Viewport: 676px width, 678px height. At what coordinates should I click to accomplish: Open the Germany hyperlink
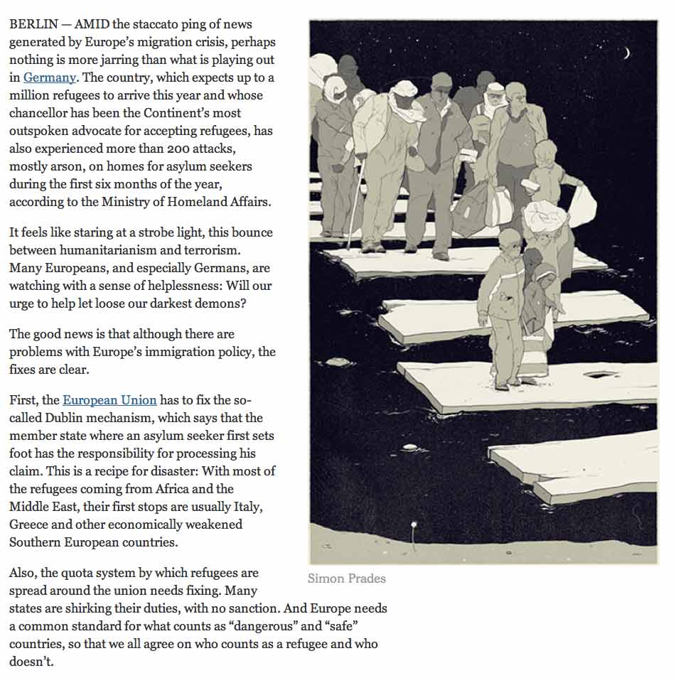(x=49, y=77)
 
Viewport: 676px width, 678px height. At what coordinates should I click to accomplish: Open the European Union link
(x=109, y=400)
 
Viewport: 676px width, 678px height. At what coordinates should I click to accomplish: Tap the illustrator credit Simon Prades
(x=346, y=579)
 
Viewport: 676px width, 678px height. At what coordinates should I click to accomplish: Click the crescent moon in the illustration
(x=626, y=52)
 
